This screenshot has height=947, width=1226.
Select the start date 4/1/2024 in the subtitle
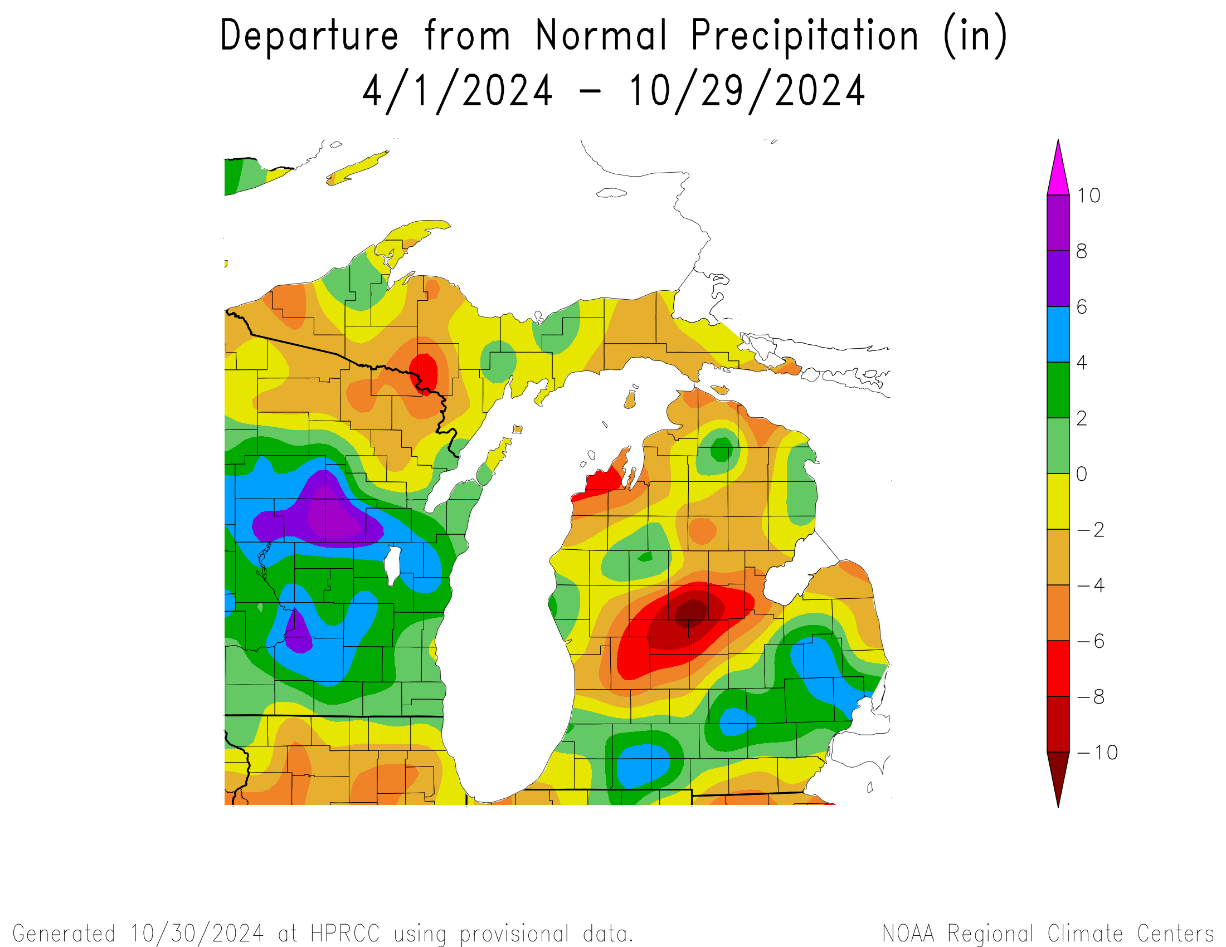pyautogui.click(x=458, y=91)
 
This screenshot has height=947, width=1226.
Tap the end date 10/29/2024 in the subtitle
pyautogui.click(x=747, y=91)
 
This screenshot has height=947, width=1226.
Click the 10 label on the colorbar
pyautogui.click(x=1088, y=196)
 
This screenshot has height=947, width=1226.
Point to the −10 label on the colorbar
pyautogui.click(x=1097, y=753)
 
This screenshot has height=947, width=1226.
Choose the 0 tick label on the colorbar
pyautogui.click(x=1081, y=474)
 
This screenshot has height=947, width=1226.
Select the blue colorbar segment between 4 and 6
pyautogui.click(x=1058, y=334)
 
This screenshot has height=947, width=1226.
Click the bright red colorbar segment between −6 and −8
pyautogui.click(x=1058, y=668)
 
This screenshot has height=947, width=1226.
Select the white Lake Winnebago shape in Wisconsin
pyautogui.click(x=392, y=564)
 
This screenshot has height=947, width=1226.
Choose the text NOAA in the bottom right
pyautogui.click(x=908, y=934)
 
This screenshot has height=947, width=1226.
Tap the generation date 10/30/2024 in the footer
pyautogui.click(x=197, y=934)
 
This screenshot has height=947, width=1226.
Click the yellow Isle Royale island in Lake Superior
pyautogui.click(x=358, y=167)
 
